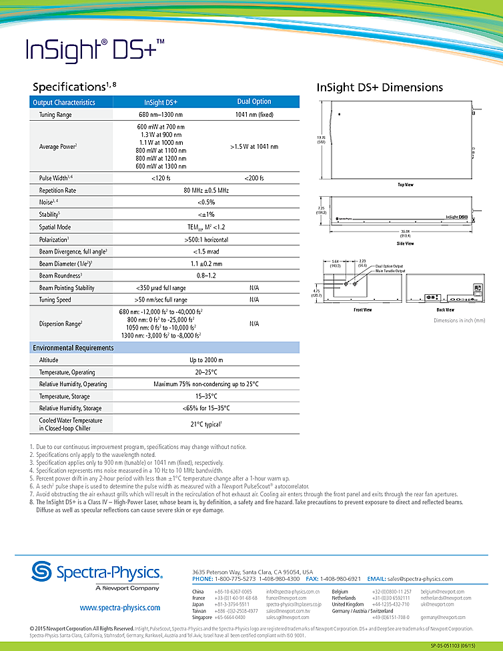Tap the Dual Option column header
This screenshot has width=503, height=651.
coord(254,101)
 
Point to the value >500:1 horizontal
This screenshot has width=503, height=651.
coord(206,239)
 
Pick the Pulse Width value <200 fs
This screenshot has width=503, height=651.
coord(254,178)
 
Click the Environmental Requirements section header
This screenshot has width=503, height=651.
coord(73,348)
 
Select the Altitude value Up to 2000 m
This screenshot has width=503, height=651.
coord(206,360)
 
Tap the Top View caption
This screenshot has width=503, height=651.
coord(406,185)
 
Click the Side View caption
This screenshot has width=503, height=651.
coord(406,244)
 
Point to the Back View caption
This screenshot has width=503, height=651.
coord(445,310)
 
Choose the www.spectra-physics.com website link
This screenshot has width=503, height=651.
coord(120,608)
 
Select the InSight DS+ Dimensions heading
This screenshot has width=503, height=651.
coord(380,87)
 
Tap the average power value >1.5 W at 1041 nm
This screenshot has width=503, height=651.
coord(254,146)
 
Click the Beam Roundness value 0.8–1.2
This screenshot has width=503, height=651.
coord(206,275)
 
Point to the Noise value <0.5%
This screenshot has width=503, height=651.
coord(206,202)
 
